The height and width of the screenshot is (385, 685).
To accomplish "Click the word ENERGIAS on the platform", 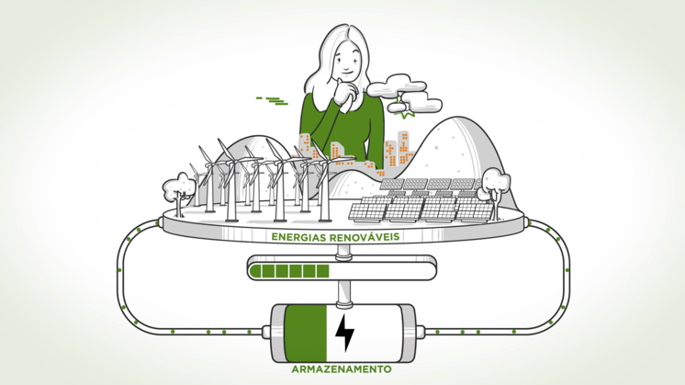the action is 298,237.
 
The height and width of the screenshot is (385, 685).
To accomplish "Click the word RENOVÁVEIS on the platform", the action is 365,236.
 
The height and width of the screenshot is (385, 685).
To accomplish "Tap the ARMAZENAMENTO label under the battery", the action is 342,369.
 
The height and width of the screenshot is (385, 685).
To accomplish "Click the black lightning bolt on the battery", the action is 344,333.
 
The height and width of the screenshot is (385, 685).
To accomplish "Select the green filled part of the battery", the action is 306,333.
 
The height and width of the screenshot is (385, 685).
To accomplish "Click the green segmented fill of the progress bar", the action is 289,271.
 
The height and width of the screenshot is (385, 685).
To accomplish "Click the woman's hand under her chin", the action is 347,94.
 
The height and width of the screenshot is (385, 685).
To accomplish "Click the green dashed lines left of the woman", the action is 272,100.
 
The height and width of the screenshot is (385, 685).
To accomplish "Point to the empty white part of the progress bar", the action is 381,271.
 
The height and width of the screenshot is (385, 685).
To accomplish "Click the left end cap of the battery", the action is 266,332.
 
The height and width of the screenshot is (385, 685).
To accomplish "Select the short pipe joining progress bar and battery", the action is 343,292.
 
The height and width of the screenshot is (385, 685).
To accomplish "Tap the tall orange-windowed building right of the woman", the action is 402,149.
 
